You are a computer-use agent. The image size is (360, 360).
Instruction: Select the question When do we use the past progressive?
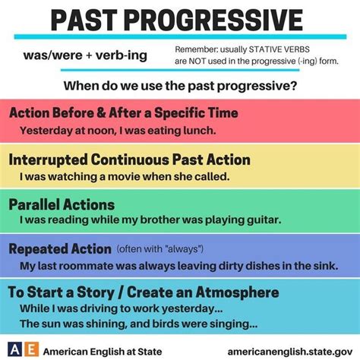[180, 86]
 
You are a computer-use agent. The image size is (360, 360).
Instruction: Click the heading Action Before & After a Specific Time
[124, 113]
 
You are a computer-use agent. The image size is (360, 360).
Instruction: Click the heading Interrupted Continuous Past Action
[130, 159]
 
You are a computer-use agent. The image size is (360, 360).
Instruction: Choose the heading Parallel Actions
[62, 205]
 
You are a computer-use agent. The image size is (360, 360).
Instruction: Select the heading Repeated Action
[60, 249]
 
